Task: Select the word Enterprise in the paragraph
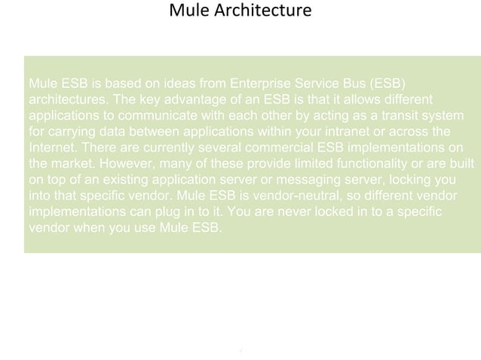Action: pos(266,82)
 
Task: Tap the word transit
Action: pos(383,114)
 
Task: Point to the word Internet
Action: pos(50,147)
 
